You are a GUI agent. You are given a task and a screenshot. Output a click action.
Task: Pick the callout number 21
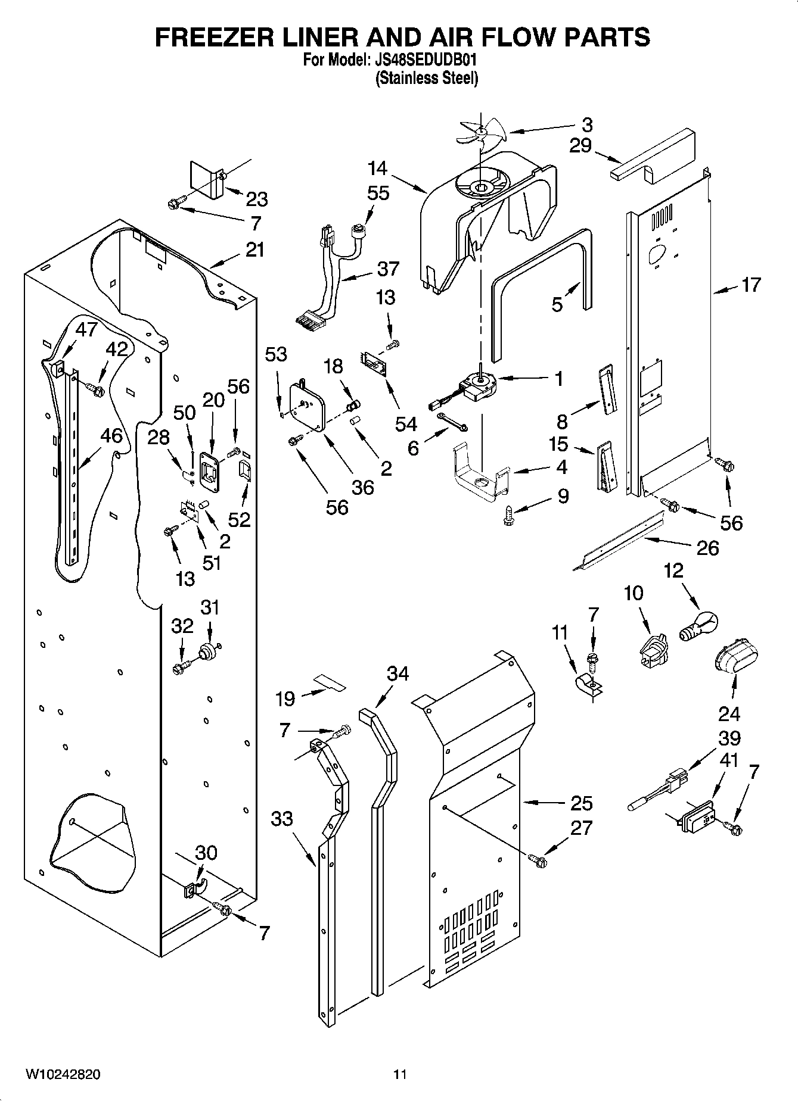pos(255,249)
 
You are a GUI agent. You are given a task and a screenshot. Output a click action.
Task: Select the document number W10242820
pos(63,1074)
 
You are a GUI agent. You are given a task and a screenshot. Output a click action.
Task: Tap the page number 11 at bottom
pos(400,1074)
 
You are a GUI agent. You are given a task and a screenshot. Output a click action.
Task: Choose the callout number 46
pos(111,436)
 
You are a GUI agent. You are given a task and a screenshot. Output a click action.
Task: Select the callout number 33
pos(282,819)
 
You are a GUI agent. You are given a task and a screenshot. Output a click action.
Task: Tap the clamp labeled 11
pos(588,686)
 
